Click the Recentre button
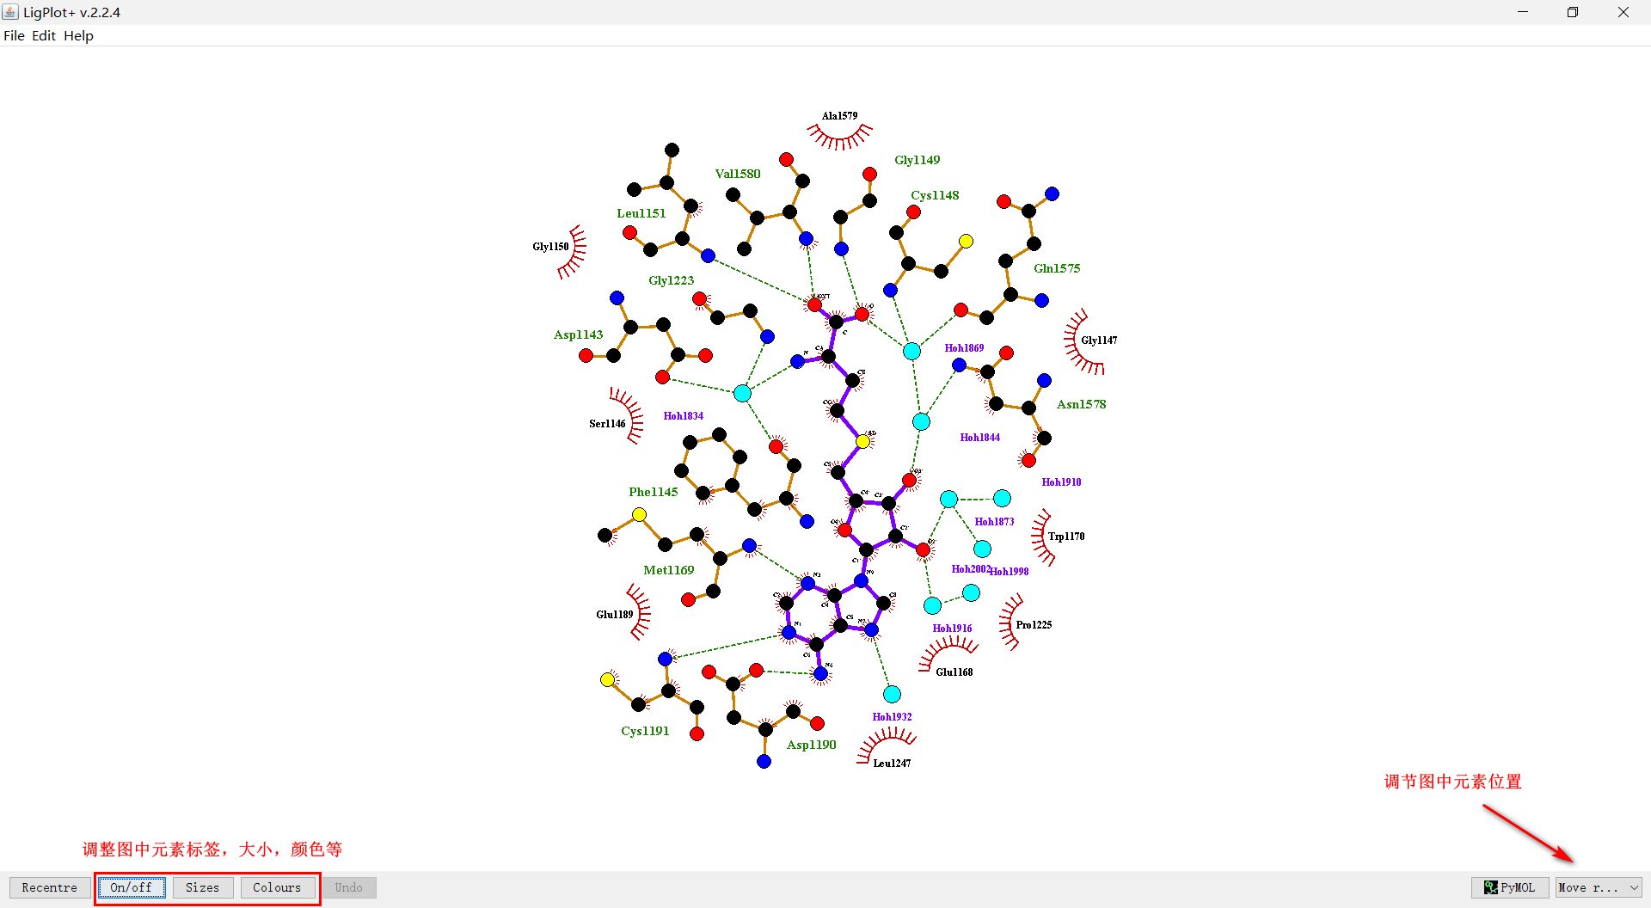click(x=49, y=887)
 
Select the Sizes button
click(x=202, y=887)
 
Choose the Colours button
click(x=277, y=887)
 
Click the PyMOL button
click(x=1509, y=887)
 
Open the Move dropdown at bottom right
click(x=1598, y=887)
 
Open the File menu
click(x=14, y=35)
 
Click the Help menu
click(x=78, y=35)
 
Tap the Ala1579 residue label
click(x=839, y=116)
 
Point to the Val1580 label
click(x=738, y=174)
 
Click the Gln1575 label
click(x=1057, y=268)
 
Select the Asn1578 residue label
click(x=1081, y=404)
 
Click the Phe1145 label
click(x=653, y=492)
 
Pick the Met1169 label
click(x=668, y=570)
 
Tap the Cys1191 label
click(x=645, y=731)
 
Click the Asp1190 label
click(x=811, y=745)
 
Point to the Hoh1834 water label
click(x=683, y=416)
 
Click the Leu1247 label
click(x=892, y=764)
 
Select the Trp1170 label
click(x=1066, y=537)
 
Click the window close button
click(x=1623, y=12)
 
